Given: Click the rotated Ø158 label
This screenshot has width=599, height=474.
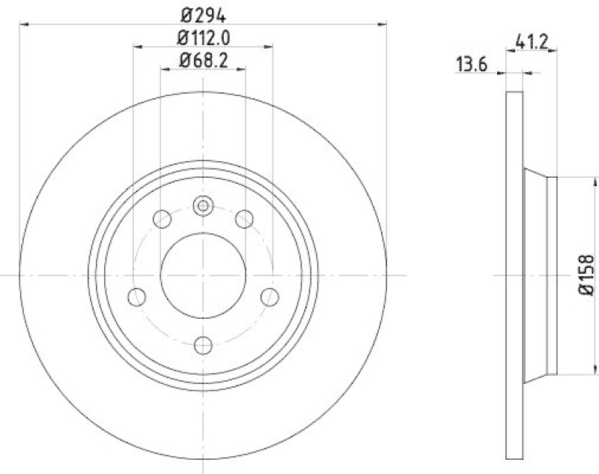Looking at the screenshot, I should click(x=587, y=275).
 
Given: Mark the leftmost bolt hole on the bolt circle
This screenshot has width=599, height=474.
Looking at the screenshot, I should click(x=136, y=297).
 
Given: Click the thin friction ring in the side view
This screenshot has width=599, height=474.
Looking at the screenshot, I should click(x=514, y=276).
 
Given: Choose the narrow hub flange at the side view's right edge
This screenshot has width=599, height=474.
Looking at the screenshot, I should click(x=553, y=275).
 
